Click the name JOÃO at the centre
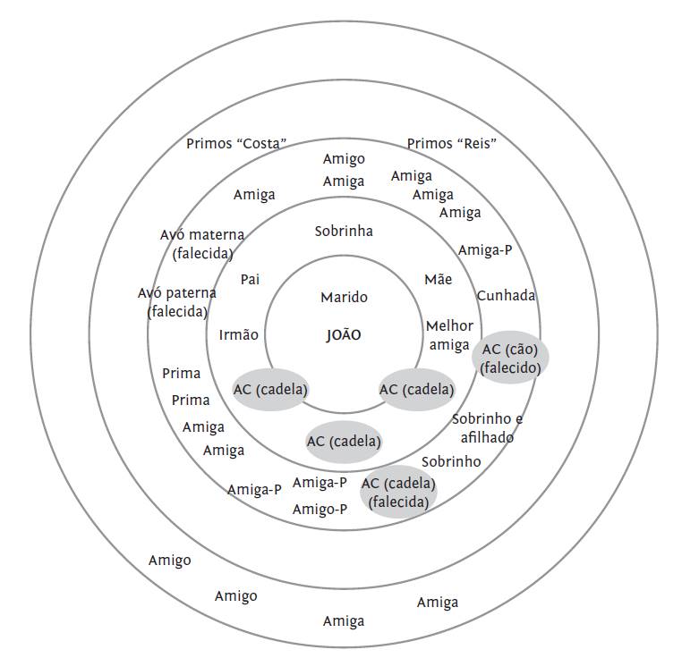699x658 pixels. (x=344, y=334)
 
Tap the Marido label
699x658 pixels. (x=344, y=297)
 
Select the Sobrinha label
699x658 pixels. (x=344, y=231)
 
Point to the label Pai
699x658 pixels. (x=250, y=279)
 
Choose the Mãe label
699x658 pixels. (x=439, y=279)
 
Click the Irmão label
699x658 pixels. (x=238, y=334)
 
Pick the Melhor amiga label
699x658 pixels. (x=449, y=335)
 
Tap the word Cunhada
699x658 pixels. (x=506, y=295)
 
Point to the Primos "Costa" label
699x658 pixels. (x=236, y=143)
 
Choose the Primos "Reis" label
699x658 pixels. (x=452, y=143)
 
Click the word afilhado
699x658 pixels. (x=487, y=438)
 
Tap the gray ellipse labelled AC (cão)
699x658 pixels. (x=510, y=358)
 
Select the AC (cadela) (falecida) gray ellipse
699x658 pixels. (x=398, y=492)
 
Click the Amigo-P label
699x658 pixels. (x=320, y=509)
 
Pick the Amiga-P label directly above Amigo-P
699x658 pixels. (x=320, y=482)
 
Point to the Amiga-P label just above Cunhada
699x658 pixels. (x=485, y=249)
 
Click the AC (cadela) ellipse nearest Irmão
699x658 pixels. (x=270, y=390)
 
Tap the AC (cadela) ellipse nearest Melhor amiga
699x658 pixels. (x=416, y=390)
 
